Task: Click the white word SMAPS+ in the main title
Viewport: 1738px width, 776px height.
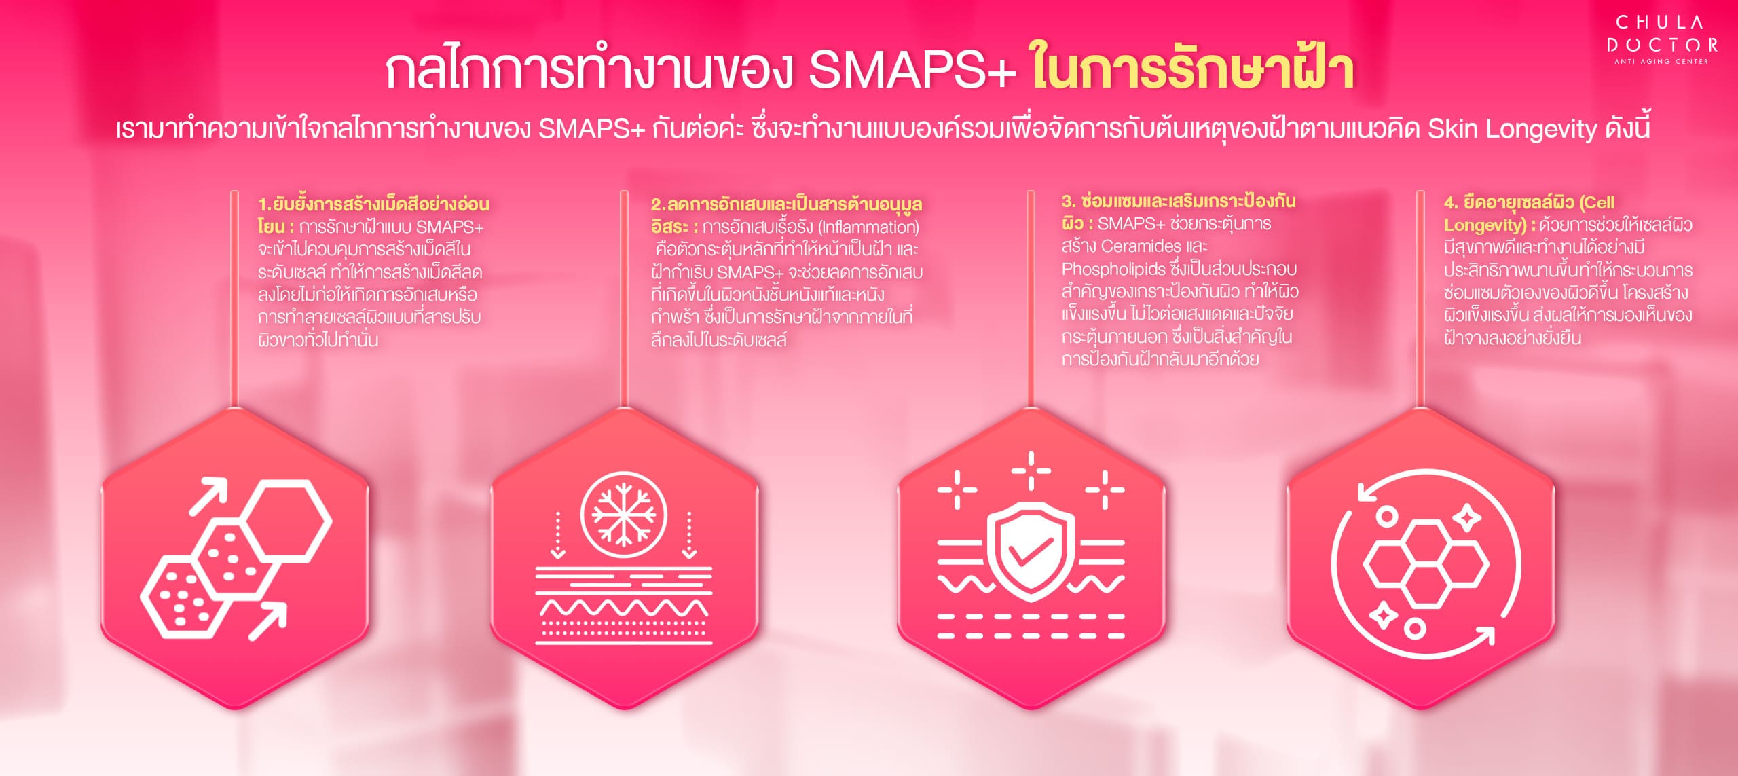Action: pos(912,71)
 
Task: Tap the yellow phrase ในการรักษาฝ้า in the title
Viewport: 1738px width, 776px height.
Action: pos(1193,69)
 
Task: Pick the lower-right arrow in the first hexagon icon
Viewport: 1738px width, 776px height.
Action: pos(267,621)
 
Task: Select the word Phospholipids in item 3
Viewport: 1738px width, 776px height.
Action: pos(1113,269)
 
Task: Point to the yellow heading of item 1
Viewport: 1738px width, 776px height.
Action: pos(373,215)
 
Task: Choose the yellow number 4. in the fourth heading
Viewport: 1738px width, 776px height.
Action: pos(1452,202)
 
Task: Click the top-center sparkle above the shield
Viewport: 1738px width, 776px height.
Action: pos(1031,470)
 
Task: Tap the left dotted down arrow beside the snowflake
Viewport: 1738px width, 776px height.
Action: pos(557,536)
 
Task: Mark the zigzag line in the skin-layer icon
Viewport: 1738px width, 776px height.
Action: pos(623,607)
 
